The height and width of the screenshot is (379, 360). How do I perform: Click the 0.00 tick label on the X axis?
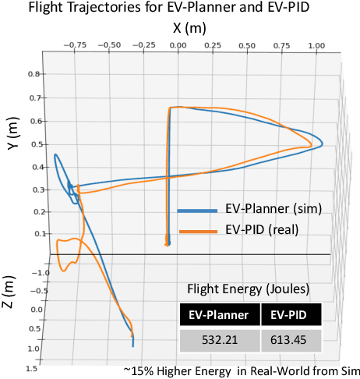point(178,46)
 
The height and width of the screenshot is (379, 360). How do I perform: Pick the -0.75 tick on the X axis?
point(76,46)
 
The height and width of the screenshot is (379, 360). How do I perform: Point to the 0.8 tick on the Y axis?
point(34,74)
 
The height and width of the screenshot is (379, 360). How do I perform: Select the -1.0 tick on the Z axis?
point(44,273)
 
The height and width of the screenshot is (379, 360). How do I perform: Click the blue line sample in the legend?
point(197,211)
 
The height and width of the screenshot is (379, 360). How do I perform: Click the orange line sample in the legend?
point(197,231)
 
